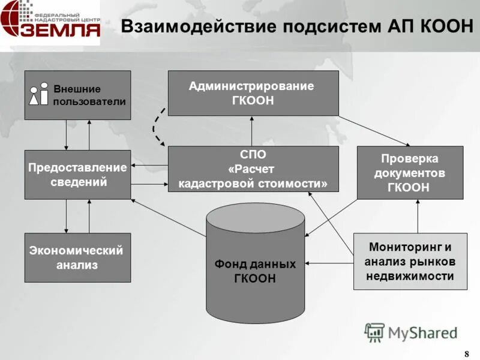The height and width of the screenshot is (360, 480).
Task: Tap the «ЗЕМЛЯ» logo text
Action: point(60,29)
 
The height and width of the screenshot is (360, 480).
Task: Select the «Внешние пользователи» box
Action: point(77,95)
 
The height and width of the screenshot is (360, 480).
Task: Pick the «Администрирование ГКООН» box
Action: point(253,93)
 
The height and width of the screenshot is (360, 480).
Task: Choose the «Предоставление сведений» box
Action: point(77,174)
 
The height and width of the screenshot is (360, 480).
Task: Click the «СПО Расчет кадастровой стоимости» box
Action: point(253,169)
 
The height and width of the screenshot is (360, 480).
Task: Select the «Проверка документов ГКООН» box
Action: point(410,172)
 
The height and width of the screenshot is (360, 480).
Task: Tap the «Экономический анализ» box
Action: point(77,257)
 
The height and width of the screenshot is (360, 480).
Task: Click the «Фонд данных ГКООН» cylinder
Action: point(255,264)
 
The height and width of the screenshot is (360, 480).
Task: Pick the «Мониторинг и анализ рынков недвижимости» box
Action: point(410,261)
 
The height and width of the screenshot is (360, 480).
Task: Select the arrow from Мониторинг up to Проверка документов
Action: point(418,216)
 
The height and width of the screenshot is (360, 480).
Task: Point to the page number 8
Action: point(467,353)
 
